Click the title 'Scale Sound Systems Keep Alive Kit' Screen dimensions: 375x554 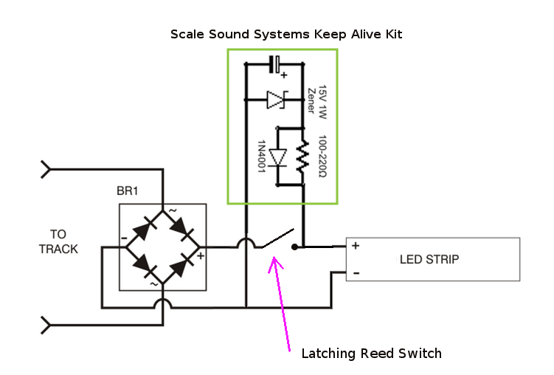pos(287,34)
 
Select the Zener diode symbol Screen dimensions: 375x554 pos(275,98)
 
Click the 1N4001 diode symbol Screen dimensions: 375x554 pos(277,157)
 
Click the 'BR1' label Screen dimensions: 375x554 pos(128,190)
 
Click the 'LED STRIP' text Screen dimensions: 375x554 pos(429,259)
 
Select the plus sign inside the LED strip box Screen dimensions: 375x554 pos(355,246)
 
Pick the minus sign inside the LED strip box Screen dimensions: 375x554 pos(355,273)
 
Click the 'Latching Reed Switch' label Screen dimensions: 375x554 pos(372,353)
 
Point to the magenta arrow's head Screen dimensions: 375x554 pos(275,259)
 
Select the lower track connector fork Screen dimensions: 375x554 pos(47,324)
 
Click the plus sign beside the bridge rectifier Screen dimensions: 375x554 pos(200,255)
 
